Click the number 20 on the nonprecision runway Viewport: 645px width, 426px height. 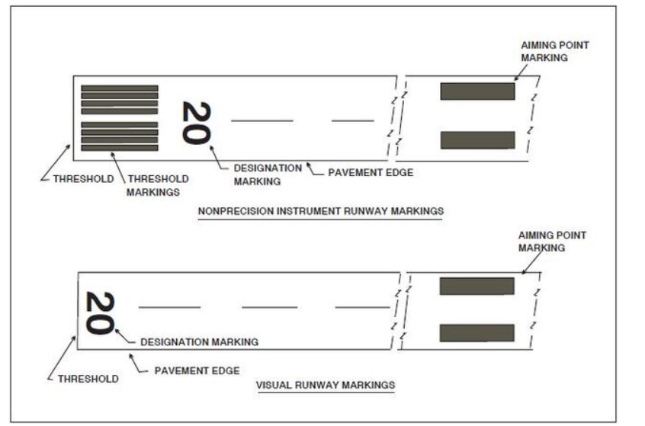[x=195, y=122]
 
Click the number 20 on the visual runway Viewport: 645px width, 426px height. [x=99, y=312]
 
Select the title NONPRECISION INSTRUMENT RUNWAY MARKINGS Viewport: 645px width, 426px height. [x=320, y=210]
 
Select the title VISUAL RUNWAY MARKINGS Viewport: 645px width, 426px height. [x=326, y=385]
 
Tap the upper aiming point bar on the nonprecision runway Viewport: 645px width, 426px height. [x=477, y=91]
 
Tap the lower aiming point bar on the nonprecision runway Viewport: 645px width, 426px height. [x=477, y=140]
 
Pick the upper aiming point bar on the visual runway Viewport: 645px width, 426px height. [x=477, y=286]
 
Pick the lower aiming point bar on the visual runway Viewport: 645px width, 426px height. [x=477, y=333]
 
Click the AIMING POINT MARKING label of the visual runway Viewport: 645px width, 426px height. [x=553, y=242]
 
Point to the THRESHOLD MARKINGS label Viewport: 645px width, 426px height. [x=158, y=185]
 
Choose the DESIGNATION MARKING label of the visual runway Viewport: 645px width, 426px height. [x=199, y=342]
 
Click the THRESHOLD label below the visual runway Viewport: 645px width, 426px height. [x=88, y=379]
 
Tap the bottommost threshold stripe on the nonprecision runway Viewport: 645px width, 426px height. [x=120, y=148]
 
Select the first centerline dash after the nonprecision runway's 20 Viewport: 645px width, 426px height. [x=262, y=120]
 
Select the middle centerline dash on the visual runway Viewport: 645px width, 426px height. [x=269, y=307]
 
